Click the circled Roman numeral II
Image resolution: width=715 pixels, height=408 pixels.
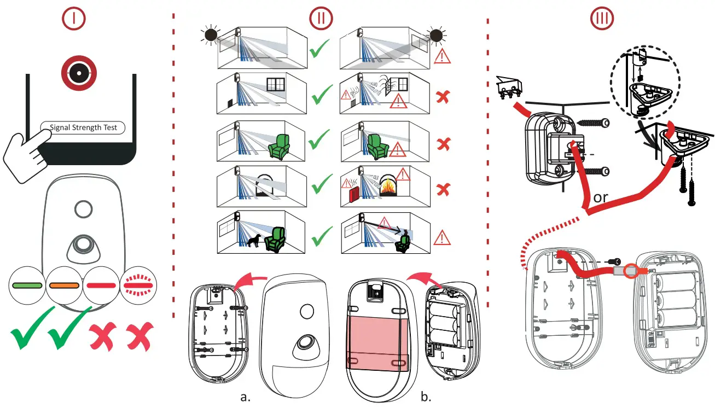click(x=321, y=18)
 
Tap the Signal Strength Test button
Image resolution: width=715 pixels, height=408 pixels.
click(x=83, y=127)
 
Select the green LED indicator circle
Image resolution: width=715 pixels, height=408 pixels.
click(x=27, y=285)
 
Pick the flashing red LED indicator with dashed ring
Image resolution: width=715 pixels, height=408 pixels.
click(x=138, y=285)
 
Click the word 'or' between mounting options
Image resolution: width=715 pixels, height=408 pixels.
click(x=600, y=197)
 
